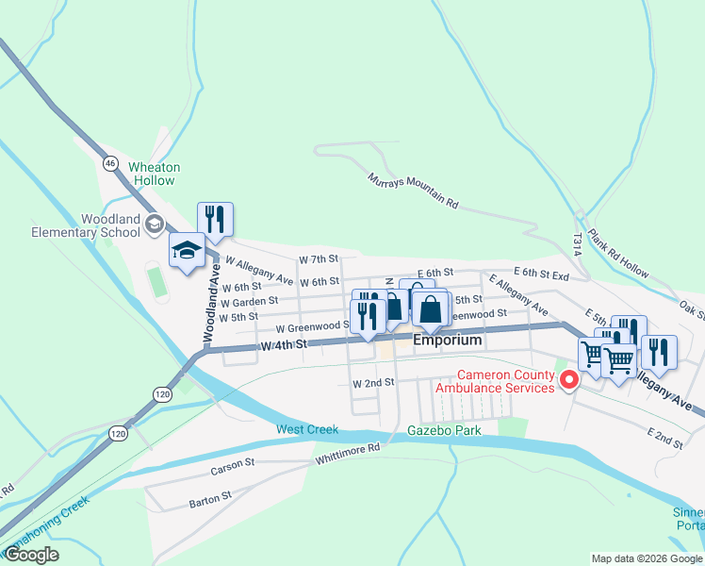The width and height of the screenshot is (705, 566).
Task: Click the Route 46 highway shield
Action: tap(110, 163)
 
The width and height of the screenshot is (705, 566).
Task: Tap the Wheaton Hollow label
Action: tap(154, 174)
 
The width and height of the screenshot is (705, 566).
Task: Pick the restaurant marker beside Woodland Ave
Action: tap(216, 221)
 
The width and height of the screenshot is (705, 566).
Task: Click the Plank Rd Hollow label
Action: tap(617, 255)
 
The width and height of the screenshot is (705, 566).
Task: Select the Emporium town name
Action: tap(448, 340)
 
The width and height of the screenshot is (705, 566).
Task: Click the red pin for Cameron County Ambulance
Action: tap(568, 380)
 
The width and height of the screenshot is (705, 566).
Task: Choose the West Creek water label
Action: tap(306, 430)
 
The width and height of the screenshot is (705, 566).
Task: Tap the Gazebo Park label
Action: tap(444, 430)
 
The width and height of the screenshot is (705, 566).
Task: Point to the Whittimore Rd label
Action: tap(348, 452)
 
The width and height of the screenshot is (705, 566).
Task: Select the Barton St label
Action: tap(210, 496)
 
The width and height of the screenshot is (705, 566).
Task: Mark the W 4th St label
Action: tap(285, 345)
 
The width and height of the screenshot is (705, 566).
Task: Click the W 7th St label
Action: tap(318, 259)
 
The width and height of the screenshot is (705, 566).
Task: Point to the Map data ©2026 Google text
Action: tap(646, 558)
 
